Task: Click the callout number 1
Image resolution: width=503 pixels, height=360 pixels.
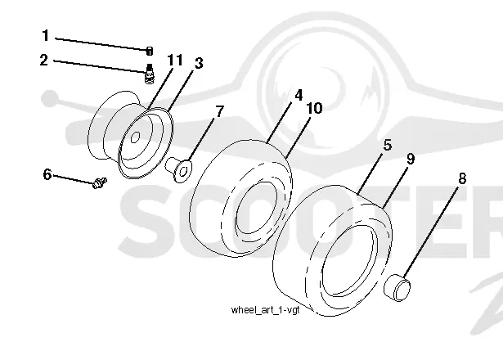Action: [46, 35]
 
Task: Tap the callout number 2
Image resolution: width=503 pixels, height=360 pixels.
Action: [44, 61]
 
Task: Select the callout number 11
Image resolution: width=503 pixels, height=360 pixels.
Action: [175, 60]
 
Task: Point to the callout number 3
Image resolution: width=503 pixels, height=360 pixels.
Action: [199, 63]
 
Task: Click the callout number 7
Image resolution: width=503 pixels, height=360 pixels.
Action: [219, 111]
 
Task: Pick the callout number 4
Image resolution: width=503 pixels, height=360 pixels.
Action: [299, 95]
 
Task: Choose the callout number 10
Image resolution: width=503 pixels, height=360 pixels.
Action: [314, 109]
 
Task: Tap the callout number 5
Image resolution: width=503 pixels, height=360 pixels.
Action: [388, 146]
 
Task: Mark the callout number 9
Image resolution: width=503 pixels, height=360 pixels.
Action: [411, 159]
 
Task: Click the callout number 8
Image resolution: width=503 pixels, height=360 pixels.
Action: [462, 178]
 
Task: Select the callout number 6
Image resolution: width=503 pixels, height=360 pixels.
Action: [47, 174]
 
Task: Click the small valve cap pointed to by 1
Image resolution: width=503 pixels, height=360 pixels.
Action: [150, 51]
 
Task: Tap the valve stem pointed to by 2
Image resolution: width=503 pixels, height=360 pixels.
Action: [149, 74]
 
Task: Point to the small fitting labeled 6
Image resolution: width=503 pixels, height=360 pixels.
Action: [99, 182]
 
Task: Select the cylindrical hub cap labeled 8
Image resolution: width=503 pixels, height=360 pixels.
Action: [397, 287]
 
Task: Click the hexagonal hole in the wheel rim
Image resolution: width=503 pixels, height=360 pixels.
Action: [136, 137]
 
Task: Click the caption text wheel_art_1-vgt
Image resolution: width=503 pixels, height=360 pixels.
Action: [265, 310]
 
